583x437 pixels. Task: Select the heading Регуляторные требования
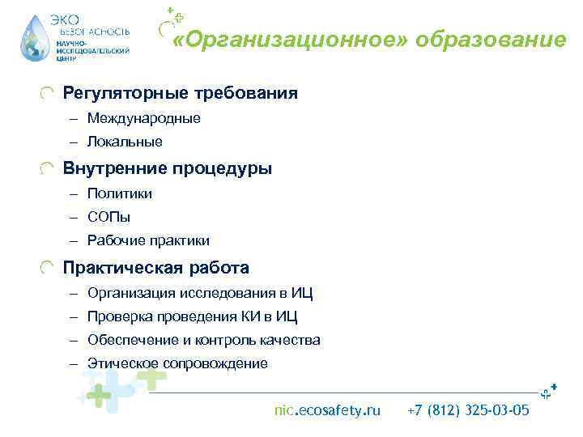point(181,94)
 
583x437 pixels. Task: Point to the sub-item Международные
point(144,119)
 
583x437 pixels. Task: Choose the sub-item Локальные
point(125,142)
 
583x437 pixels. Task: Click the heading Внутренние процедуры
point(168,169)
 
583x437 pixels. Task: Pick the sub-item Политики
point(120,194)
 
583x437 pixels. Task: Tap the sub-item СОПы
point(109,218)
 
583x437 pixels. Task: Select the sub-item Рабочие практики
point(148,241)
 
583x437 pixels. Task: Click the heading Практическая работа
point(156,268)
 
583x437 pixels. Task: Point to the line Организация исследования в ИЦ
point(200,293)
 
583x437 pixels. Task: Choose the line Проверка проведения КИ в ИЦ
point(193,317)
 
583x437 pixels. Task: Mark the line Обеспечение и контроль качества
point(204,341)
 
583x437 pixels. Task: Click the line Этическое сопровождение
point(177,364)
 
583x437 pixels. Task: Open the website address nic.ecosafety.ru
point(327,411)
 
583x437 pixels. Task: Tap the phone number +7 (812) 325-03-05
point(469,411)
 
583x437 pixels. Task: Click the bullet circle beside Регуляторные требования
point(49,94)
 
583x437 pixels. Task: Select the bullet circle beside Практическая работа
point(49,268)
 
